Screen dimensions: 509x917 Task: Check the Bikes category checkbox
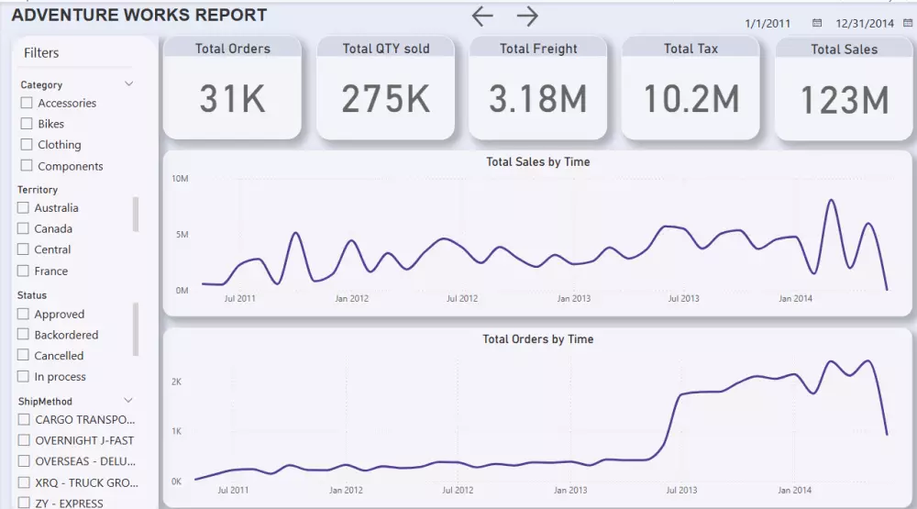[x=27, y=124]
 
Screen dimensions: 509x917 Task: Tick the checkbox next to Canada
[x=23, y=229]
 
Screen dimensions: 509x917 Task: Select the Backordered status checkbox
[x=23, y=336]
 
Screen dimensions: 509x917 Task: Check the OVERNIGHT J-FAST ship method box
[x=24, y=441]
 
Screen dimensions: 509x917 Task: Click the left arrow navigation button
[x=482, y=16]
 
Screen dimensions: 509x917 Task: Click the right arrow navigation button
[x=526, y=16]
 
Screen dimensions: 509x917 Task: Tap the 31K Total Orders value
[x=233, y=99]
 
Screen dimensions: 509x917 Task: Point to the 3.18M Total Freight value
[x=537, y=99]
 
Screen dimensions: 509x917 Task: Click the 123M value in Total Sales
[x=844, y=100]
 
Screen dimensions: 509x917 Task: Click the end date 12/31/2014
[x=864, y=23]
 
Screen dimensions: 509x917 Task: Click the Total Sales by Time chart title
[x=537, y=162]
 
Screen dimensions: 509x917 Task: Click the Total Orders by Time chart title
[x=537, y=339]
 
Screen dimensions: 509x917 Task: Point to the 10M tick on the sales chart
[x=180, y=178]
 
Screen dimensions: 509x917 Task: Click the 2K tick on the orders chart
[x=177, y=382]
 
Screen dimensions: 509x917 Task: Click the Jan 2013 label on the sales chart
[x=574, y=299]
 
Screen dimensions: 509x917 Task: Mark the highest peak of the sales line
[x=832, y=200]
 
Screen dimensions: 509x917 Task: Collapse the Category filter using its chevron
[x=129, y=84]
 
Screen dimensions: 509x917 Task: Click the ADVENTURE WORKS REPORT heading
[x=139, y=16]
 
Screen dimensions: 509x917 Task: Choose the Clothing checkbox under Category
[x=27, y=145]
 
